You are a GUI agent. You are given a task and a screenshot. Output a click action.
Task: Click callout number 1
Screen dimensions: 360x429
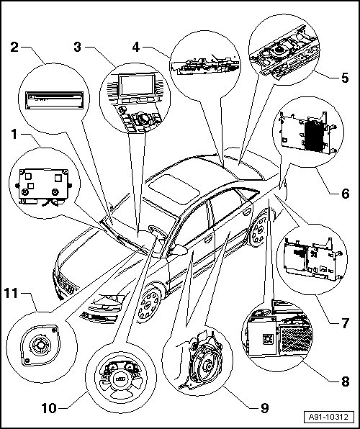[x=14, y=135]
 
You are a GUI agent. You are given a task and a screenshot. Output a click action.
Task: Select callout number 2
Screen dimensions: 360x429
[x=14, y=47]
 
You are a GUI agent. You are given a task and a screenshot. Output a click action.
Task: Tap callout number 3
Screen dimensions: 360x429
[x=78, y=47]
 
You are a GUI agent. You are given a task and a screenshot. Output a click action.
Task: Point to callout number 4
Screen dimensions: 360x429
[x=136, y=47]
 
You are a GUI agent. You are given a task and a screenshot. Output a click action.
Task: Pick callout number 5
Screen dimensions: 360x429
[x=345, y=78]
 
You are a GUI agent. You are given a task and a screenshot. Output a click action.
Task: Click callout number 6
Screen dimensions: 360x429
[x=346, y=194]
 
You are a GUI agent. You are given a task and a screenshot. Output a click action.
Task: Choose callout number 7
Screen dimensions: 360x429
[x=346, y=323]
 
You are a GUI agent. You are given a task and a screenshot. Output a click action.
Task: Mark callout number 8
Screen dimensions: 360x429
[x=346, y=381]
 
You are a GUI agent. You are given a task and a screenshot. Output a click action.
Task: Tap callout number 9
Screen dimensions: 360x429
[x=264, y=408]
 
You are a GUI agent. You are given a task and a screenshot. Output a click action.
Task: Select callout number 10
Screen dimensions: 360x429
[x=49, y=408]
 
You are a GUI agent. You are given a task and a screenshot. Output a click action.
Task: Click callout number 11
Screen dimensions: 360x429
[x=11, y=294]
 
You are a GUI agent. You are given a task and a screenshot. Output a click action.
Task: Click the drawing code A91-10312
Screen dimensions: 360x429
[x=328, y=417]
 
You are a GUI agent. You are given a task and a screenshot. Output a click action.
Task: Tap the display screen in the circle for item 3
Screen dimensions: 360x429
[x=137, y=84]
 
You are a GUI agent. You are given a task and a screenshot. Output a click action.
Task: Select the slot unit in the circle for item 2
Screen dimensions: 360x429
[x=55, y=100]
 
